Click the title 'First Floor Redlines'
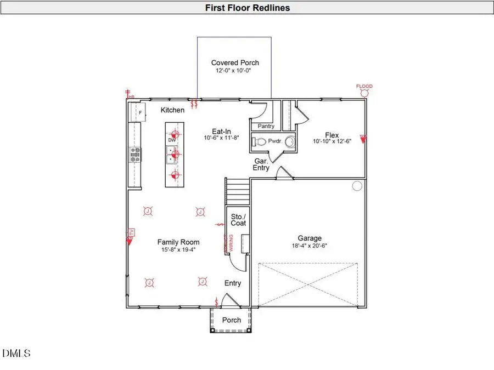coord(247,8)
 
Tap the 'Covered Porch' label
coord(235,62)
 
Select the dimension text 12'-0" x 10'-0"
coord(235,71)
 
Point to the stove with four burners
coord(135,154)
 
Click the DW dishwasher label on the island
coord(172,140)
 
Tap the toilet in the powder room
coord(259,141)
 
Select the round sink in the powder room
coord(290,141)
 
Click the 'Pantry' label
coord(266,126)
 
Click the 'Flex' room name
coord(332,135)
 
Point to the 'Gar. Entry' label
coord(261,164)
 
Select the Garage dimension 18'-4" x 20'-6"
coord(310,246)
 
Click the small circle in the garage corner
coord(357,186)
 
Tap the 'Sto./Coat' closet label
coord(238,219)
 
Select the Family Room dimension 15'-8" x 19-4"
coord(178,249)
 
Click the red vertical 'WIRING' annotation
coord(231,242)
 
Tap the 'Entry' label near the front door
coord(233,283)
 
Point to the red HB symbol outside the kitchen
coord(130,94)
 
